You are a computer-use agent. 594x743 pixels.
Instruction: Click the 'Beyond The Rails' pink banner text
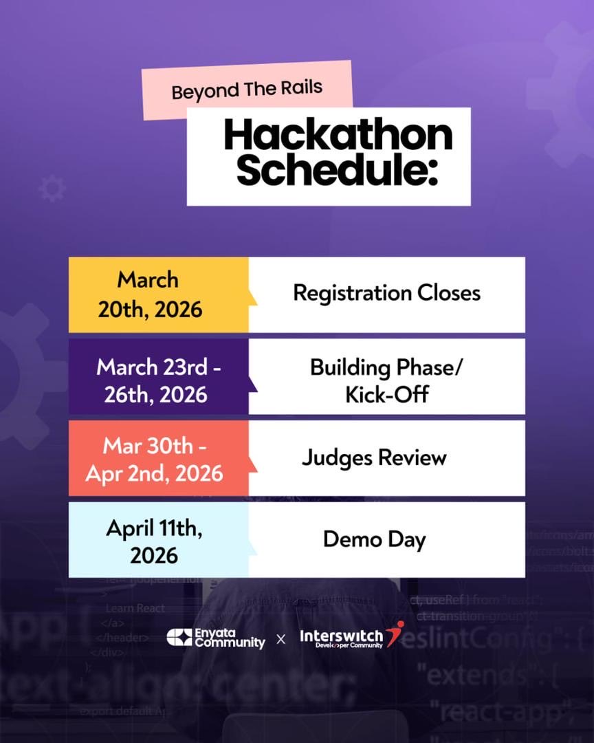(247, 90)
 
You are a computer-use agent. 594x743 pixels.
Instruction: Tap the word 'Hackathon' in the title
(338, 136)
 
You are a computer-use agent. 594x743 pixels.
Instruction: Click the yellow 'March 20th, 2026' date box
(159, 294)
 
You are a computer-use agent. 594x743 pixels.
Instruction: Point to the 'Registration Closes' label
(386, 293)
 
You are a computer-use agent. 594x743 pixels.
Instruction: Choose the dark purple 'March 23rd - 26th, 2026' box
(159, 376)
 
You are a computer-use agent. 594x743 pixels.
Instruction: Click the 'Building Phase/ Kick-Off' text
(386, 380)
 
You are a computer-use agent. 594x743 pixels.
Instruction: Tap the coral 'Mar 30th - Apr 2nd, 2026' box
(159, 458)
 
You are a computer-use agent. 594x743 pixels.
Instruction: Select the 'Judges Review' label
(374, 457)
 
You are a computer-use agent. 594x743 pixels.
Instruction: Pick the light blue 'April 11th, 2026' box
(159, 540)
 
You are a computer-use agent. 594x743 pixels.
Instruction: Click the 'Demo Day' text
(374, 539)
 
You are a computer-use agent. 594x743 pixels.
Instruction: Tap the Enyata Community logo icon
(179, 637)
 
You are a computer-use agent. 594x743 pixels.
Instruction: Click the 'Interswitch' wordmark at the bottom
(340, 636)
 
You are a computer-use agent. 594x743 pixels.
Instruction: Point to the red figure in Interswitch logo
(395, 634)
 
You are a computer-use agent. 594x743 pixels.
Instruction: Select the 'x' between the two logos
(280, 639)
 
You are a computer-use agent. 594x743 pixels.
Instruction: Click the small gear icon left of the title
(52, 189)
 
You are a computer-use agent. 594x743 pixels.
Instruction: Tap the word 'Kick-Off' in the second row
(387, 394)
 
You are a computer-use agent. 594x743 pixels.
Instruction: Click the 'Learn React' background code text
(135, 607)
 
